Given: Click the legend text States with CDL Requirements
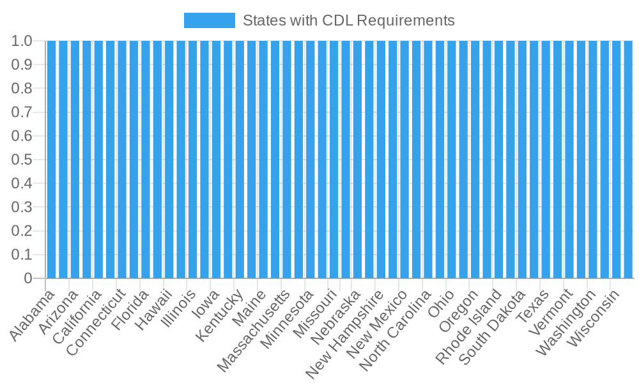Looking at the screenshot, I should [x=348, y=20].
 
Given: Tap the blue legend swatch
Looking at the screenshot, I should [x=209, y=20].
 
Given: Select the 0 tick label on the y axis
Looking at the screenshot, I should [x=28, y=278].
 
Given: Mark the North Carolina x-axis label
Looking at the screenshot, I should [x=396, y=333].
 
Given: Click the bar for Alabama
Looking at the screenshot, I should [x=52, y=160].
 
